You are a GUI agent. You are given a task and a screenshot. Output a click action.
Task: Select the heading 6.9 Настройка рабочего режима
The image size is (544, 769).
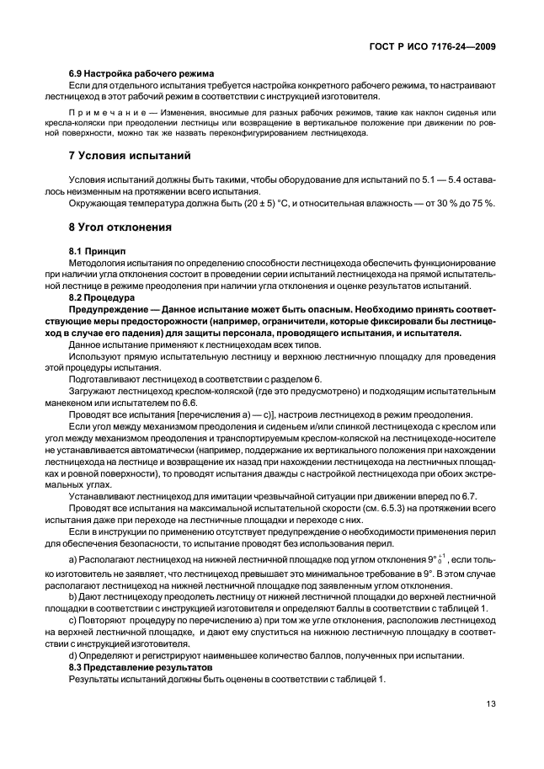click(x=141, y=74)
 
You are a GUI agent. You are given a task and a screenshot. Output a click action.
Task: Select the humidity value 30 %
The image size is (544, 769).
click(x=438, y=203)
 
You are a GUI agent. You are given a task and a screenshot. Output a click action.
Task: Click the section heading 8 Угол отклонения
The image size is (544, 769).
click(x=120, y=227)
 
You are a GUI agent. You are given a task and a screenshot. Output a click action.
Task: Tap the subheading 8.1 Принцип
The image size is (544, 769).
click(x=96, y=251)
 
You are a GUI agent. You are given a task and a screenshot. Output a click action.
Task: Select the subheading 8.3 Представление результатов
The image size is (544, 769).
click(x=142, y=667)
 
